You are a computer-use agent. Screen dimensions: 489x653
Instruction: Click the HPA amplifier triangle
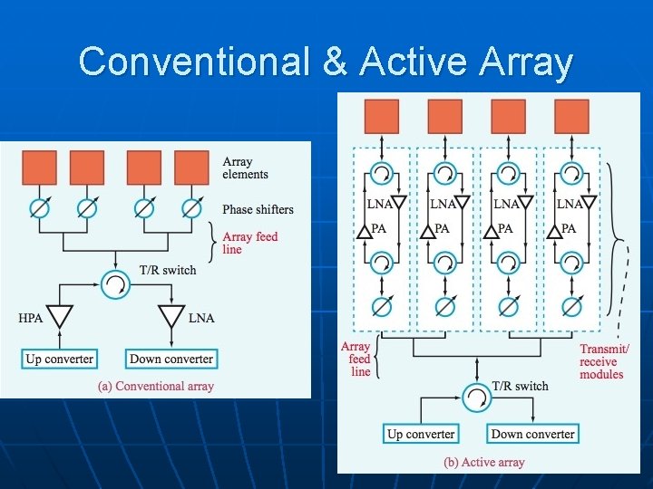pos(60,317)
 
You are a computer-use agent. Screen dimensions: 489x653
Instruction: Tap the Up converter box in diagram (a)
pos(60,359)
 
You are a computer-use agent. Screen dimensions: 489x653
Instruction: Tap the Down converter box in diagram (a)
pos(171,359)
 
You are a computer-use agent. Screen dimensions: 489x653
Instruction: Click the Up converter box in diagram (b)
pos(421,434)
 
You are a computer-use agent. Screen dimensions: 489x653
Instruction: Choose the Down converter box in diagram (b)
pos(532,434)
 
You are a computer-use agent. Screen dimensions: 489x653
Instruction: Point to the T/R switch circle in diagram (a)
pos(117,284)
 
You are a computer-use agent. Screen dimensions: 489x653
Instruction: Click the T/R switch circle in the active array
pos(476,397)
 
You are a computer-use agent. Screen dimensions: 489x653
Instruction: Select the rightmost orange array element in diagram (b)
pos(571,117)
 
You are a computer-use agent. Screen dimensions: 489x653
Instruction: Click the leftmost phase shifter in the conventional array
pos(39,208)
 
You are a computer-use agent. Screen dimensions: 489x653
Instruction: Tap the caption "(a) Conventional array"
pos(156,386)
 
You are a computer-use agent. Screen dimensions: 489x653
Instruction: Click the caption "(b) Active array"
pos(484,462)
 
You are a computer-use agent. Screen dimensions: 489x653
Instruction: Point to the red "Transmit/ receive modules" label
pos(603,361)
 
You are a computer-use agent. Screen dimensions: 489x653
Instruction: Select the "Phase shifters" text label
pos(258,209)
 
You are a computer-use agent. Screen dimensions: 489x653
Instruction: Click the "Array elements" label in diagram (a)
pos(245,168)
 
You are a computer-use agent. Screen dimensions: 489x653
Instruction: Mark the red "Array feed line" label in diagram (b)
pos(356,359)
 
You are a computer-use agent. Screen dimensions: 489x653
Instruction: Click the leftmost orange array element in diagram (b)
pos(382,117)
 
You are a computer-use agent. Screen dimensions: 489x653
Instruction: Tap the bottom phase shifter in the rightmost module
pos(571,305)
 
